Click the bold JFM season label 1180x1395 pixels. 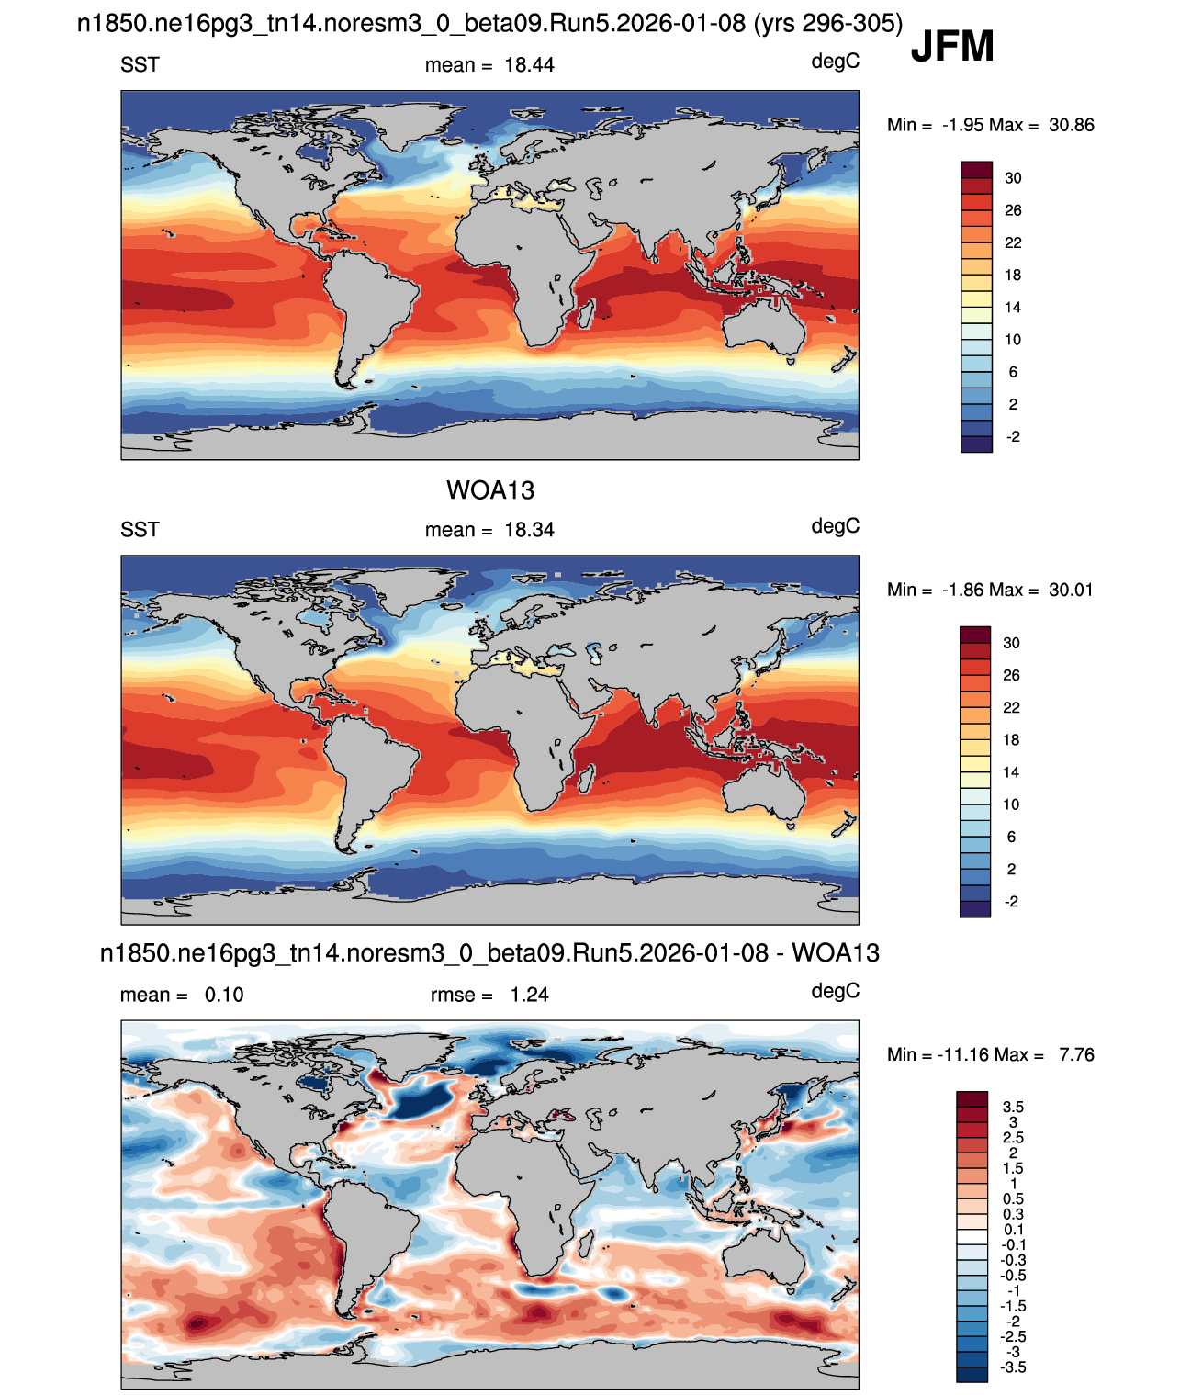click(952, 46)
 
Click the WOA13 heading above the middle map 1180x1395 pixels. click(490, 490)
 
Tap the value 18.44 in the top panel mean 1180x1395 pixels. click(530, 65)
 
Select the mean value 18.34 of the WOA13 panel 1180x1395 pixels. click(530, 530)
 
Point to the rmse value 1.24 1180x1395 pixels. click(530, 995)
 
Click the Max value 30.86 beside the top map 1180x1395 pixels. click(1072, 125)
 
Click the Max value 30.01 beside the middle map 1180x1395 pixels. click(1071, 590)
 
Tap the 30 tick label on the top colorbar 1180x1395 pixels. click(1013, 178)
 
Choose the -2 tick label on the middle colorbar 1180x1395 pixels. click(1011, 901)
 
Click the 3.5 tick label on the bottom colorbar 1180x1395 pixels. click(1013, 1107)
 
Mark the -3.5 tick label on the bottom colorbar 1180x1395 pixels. click(1013, 1367)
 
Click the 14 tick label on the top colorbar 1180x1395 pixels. click(1013, 307)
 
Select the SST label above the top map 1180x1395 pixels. click(140, 65)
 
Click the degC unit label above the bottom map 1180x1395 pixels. click(836, 991)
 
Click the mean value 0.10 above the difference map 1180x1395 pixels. click(224, 995)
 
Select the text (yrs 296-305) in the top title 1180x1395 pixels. click(827, 24)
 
